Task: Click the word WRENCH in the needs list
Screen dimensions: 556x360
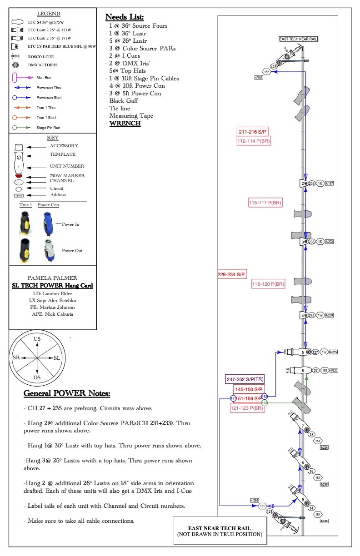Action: (x=125, y=124)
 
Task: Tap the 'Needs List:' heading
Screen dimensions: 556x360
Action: (x=125, y=17)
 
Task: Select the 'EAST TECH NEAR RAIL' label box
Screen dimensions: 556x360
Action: (x=299, y=40)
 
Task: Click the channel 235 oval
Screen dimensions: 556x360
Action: (x=312, y=184)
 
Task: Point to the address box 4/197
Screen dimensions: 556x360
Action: (x=330, y=184)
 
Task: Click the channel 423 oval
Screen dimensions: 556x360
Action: (x=274, y=67)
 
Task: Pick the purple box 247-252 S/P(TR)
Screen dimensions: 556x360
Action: (x=245, y=379)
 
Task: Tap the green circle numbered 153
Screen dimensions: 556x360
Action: (x=265, y=402)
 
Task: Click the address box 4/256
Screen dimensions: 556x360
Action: (x=254, y=500)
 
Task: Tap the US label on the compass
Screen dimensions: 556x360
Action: (x=37, y=339)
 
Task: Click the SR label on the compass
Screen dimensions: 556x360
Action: (x=16, y=357)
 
